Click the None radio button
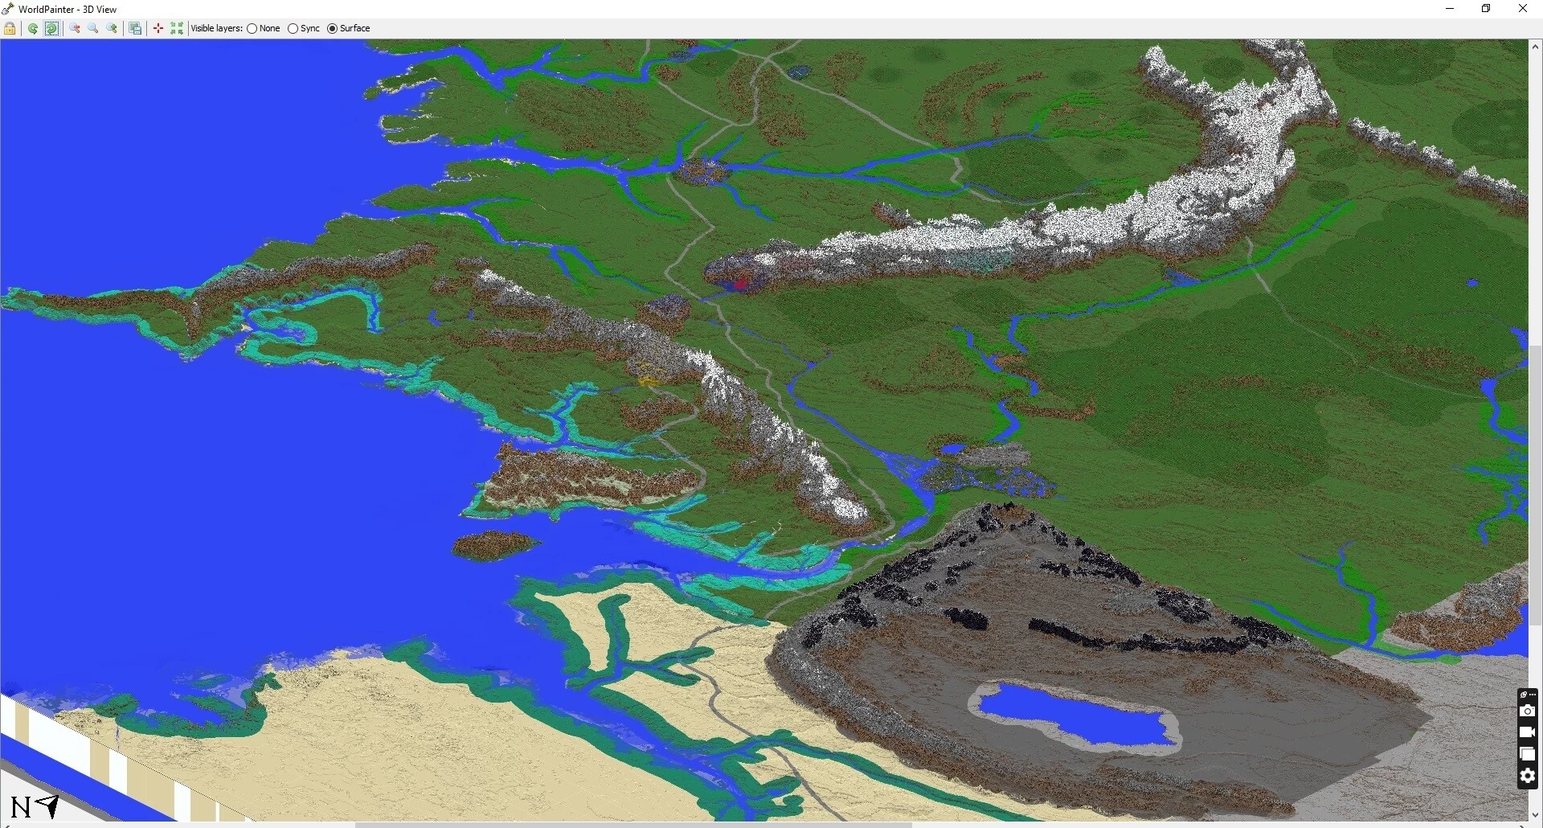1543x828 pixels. (x=252, y=29)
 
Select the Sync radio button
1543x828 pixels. (x=293, y=29)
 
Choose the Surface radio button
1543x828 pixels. (x=333, y=29)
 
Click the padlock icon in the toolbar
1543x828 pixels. (x=10, y=29)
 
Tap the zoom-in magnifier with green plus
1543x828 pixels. (x=113, y=29)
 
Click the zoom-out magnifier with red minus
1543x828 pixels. (x=75, y=29)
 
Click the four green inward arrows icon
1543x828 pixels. (x=177, y=29)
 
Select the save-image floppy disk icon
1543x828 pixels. (x=135, y=29)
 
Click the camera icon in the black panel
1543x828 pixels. (x=1527, y=711)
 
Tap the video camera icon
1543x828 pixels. (x=1527, y=732)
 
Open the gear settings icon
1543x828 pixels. (x=1527, y=776)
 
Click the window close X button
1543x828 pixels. (x=1522, y=9)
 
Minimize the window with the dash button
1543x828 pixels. (x=1450, y=9)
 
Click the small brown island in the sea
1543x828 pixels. (x=494, y=544)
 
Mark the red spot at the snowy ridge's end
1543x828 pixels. (x=740, y=282)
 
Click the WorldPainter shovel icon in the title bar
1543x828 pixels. (x=8, y=9)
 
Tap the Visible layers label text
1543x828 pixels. (x=216, y=29)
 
